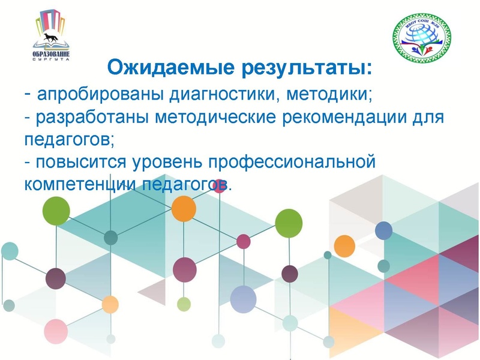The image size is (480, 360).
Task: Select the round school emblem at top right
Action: [421, 38]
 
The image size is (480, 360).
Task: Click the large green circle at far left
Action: [56, 211]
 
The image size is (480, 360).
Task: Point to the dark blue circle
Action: [383, 230]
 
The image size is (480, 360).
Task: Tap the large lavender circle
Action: [243, 298]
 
